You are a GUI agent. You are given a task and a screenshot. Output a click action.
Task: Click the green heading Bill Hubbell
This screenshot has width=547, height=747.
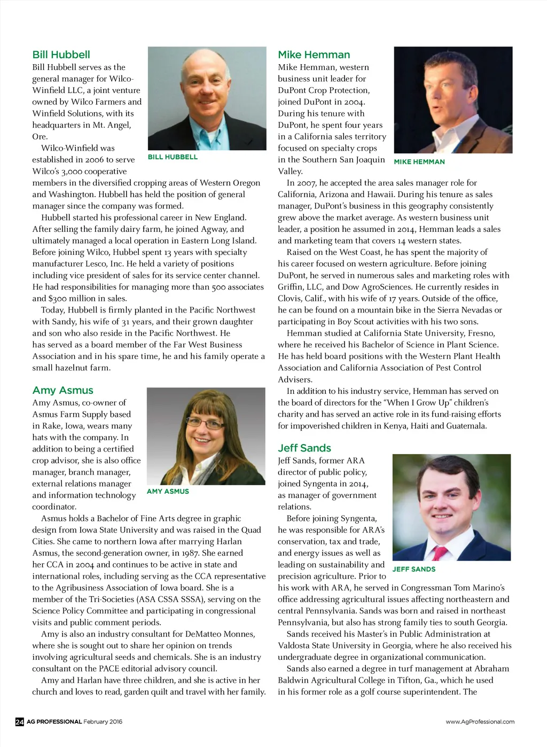click(x=61, y=55)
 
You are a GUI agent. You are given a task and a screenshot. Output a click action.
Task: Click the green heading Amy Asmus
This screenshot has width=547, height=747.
click(x=62, y=391)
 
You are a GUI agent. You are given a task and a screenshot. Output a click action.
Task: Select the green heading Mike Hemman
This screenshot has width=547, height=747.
click(x=314, y=55)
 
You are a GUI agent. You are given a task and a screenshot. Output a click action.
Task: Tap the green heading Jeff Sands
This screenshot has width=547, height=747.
click(x=304, y=448)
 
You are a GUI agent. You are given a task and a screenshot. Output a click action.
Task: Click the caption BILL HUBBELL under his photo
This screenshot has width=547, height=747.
click(x=173, y=157)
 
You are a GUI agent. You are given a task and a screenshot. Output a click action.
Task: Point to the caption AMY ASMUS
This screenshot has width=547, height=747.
click(x=168, y=492)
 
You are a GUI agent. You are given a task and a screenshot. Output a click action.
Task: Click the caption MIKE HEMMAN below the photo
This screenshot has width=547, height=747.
click(x=419, y=162)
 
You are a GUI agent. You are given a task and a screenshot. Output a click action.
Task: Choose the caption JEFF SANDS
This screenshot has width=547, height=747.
click(x=413, y=570)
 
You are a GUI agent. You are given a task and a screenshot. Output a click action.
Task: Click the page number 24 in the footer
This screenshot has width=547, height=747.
click(x=19, y=722)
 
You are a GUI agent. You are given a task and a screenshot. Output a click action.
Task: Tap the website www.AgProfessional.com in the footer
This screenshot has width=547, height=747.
click(x=480, y=722)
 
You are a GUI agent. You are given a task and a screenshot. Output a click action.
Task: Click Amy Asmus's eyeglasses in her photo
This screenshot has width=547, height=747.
click(x=205, y=423)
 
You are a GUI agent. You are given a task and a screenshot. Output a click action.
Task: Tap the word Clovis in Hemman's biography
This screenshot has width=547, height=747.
click(x=291, y=299)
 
